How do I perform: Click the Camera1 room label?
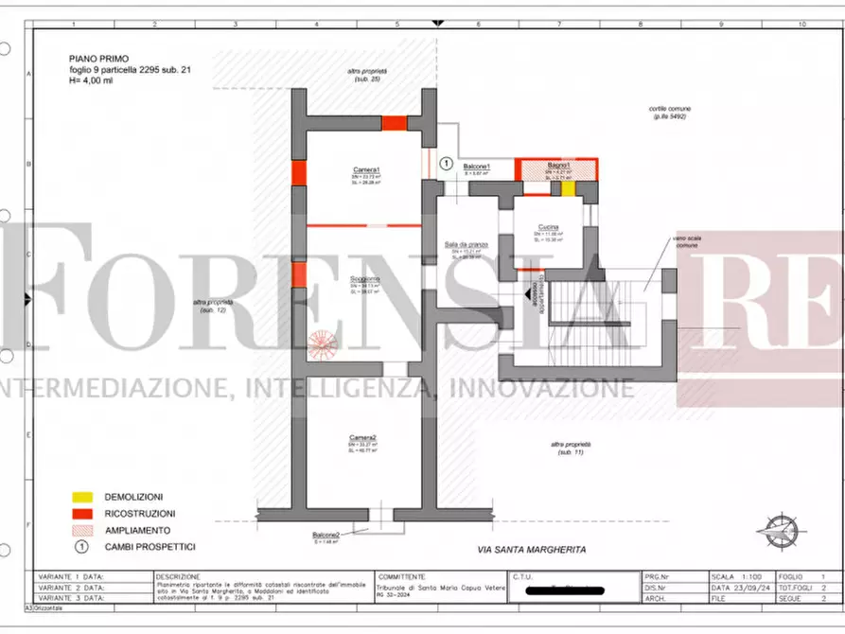coord(365,169)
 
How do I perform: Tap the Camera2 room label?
coord(364,436)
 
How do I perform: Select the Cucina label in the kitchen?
coord(548,227)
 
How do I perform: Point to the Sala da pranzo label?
coord(466,245)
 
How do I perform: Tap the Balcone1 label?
coord(476,167)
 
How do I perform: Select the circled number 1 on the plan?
coord(447,162)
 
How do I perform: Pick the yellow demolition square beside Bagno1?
coord(568,187)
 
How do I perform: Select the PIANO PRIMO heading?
coord(97,57)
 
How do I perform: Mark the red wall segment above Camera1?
coord(395,123)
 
